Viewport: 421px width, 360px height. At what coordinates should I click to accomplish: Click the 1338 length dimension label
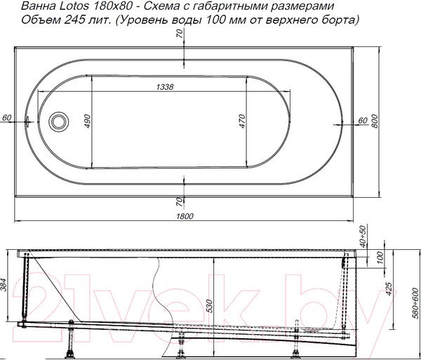(x=165, y=87)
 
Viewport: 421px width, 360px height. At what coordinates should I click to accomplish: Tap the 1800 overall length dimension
(x=185, y=216)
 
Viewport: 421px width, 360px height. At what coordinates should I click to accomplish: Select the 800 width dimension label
(x=375, y=121)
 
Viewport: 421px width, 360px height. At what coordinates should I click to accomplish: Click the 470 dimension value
(x=243, y=121)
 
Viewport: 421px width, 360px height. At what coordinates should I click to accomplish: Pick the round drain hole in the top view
(x=58, y=121)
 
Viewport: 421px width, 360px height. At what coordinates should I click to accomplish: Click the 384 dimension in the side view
(x=4, y=285)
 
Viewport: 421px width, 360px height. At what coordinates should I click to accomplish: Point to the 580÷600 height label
(x=415, y=303)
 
